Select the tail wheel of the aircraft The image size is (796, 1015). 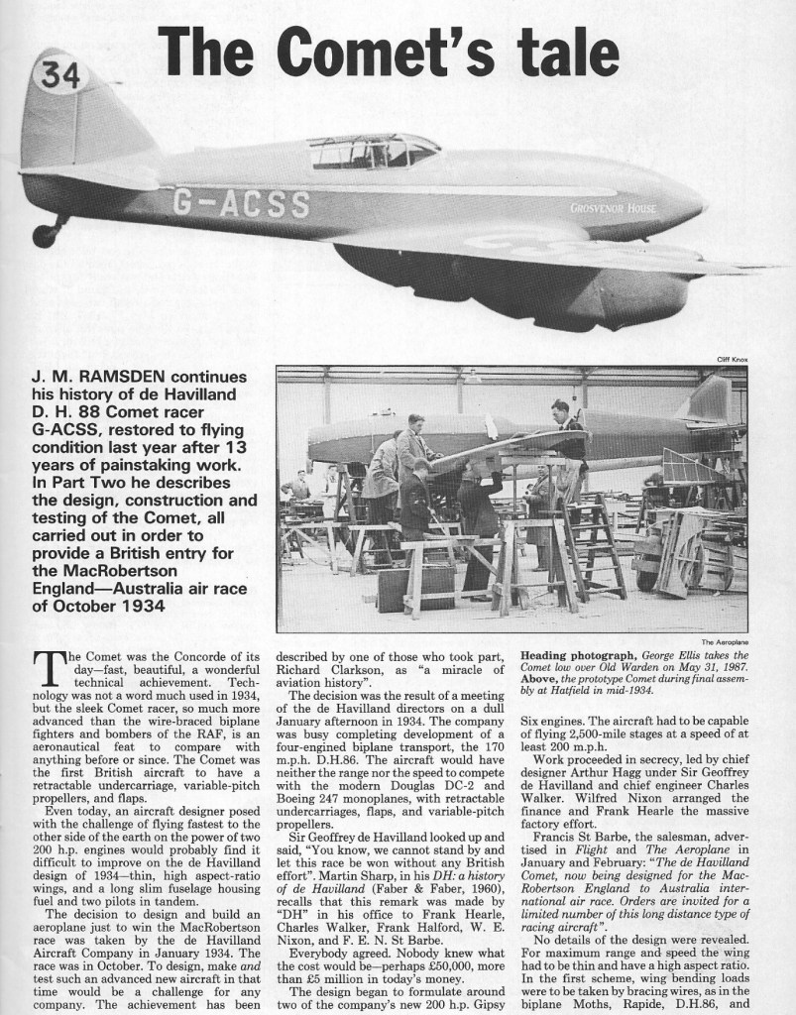45,234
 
